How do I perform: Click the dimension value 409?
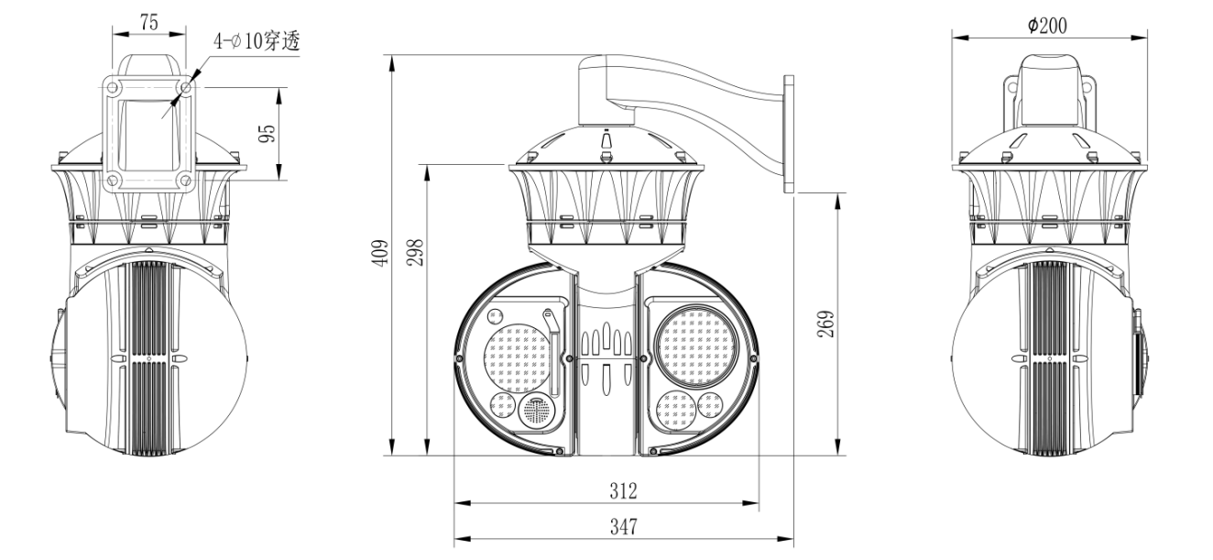[x=381, y=252]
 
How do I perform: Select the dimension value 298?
[x=415, y=252]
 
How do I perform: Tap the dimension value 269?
[x=825, y=324]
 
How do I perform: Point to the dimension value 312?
[x=623, y=490]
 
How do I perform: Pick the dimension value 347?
[x=623, y=526]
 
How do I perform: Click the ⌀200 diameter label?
[x=1048, y=26]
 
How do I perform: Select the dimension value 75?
[x=149, y=22]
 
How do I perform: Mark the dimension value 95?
[x=268, y=133]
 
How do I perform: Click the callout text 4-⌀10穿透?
[x=257, y=41]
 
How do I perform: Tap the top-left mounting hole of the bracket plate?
[x=112, y=87]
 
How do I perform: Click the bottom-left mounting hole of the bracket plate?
[x=112, y=180]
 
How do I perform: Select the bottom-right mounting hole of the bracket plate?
[x=185, y=180]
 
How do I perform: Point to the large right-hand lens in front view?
[x=696, y=346]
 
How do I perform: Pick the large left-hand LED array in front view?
[x=518, y=358]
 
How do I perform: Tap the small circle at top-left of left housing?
[x=495, y=315]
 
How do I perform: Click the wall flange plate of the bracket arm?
[x=789, y=134]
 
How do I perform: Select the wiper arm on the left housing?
[x=552, y=352]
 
